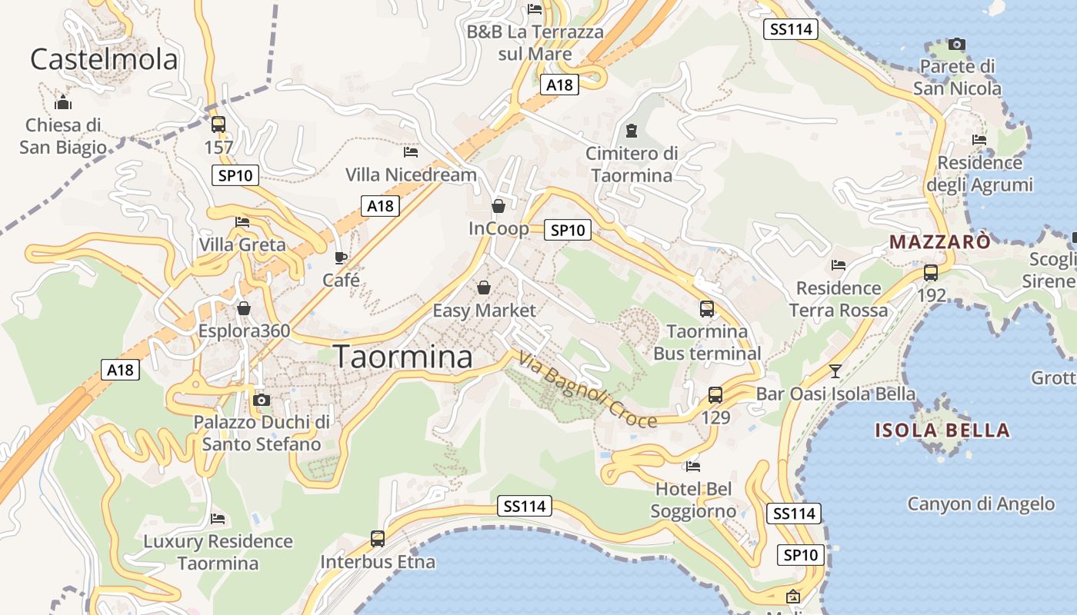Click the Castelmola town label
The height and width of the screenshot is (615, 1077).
[104, 59]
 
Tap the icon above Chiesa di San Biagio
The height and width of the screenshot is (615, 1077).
[63, 102]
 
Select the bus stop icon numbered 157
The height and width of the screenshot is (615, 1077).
[218, 124]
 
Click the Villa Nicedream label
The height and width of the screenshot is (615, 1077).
[411, 175]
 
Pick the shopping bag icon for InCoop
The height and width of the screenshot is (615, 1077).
[498, 206]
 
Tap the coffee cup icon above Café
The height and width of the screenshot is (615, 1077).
[341, 258]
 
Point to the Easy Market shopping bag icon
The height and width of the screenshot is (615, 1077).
[484, 288]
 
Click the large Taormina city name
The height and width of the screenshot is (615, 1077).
[403, 357]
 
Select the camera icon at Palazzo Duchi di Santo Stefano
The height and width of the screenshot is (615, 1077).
[262, 400]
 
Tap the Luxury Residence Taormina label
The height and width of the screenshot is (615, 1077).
[218, 552]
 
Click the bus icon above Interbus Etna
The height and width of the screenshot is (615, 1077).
[378, 538]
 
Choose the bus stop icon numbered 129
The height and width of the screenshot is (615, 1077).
[715, 395]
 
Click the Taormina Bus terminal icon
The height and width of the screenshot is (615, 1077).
[707, 309]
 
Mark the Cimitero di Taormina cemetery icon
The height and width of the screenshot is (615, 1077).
[632, 129]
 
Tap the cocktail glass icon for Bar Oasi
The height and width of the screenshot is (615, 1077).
[835, 371]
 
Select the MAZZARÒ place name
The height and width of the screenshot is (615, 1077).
[939, 242]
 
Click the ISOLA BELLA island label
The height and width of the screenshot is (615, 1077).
[942, 430]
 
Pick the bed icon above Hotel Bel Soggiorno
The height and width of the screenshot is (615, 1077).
[693, 466]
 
